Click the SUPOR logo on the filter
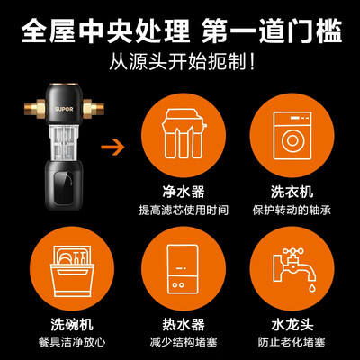click(x=64, y=109)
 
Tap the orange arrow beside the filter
click(x=112, y=147)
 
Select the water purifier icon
click(x=184, y=134)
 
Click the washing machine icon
click(x=292, y=136)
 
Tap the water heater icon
click(x=183, y=269)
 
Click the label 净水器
click(x=184, y=192)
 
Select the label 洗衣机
click(x=292, y=192)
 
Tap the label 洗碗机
click(x=72, y=325)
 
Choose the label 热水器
click(x=184, y=325)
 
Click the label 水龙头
click(x=292, y=325)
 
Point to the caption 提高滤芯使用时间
click(x=184, y=210)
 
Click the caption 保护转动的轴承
click(x=292, y=210)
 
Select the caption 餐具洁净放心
click(x=72, y=342)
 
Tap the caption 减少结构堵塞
click(x=184, y=342)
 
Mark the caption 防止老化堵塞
click(x=292, y=342)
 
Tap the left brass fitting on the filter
click(x=35, y=107)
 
